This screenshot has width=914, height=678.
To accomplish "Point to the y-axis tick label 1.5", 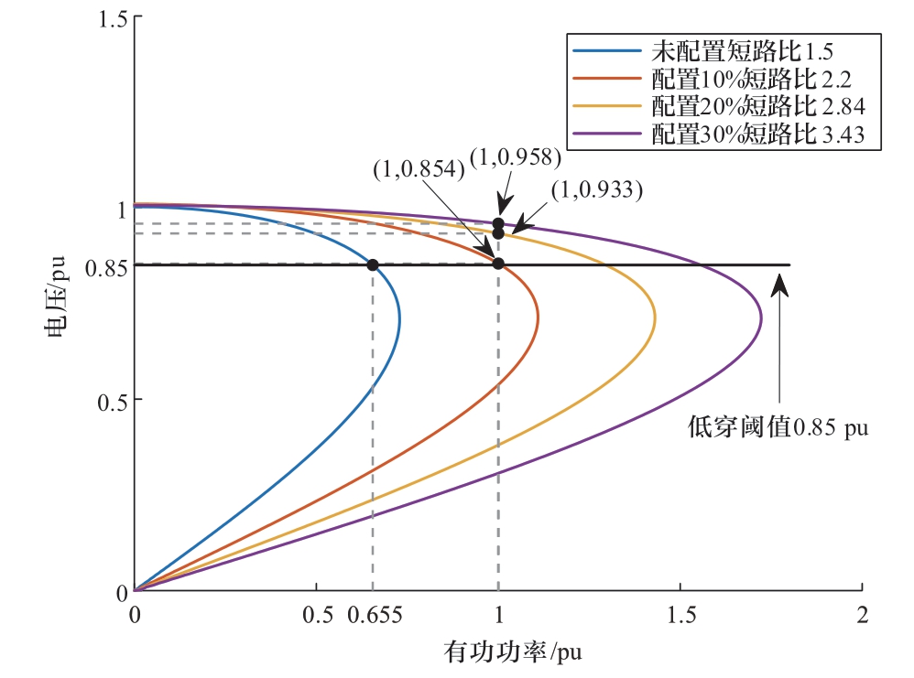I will pyautogui.click(x=112, y=18).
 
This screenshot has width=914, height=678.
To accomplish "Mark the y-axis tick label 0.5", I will pyautogui.click(x=112, y=400).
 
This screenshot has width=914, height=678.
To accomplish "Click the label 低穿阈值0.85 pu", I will pyautogui.click(x=778, y=428).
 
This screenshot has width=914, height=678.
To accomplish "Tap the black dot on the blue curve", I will pyautogui.click(x=373, y=265).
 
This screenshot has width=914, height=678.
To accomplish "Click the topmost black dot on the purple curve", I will pyautogui.click(x=498, y=223).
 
